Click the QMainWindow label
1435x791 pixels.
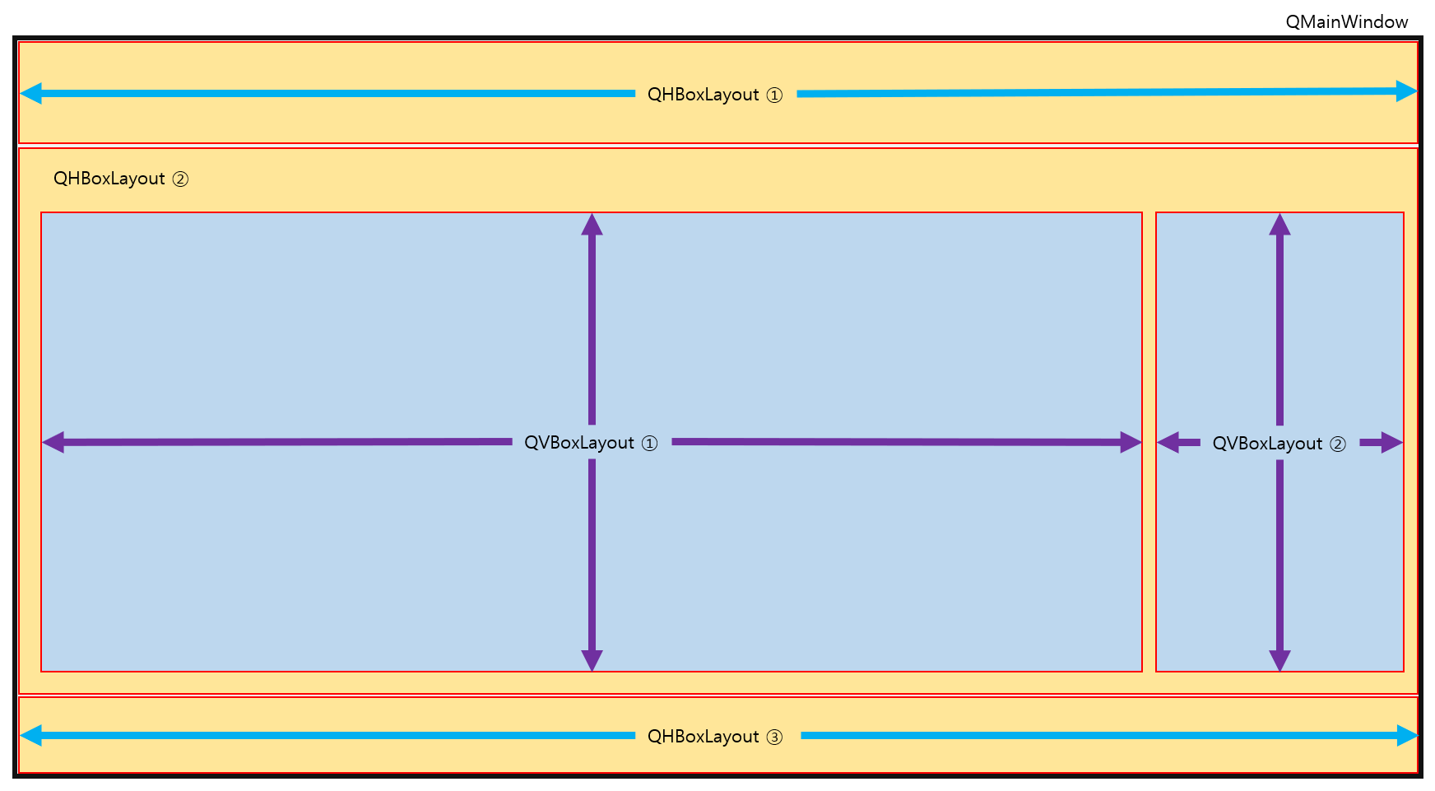[x=1346, y=22]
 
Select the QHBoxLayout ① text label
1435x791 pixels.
[x=714, y=95]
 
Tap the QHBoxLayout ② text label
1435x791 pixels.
[x=121, y=179]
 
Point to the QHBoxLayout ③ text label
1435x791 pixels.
[x=714, y=737]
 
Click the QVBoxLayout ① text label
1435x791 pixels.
[x=591, y=443]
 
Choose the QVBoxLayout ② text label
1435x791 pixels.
[x=1279, y=444]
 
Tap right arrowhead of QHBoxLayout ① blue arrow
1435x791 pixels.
[x=1406, y=91]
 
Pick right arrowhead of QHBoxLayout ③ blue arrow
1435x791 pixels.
[x=1407, y=735]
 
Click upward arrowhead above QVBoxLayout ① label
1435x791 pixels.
[x=592, y=225]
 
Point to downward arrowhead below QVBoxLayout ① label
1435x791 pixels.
[x=592, y=660]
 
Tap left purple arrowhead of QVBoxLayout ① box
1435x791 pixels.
[x=53, y=443]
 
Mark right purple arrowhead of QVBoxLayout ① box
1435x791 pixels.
[x=1131, y=443]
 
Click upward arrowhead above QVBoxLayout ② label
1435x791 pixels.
[x=1279, y=225]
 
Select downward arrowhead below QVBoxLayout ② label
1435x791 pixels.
[x=1279, y=660]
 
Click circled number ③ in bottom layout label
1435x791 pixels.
[x=774, y=737]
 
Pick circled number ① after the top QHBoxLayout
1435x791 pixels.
[x=774, y=95]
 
